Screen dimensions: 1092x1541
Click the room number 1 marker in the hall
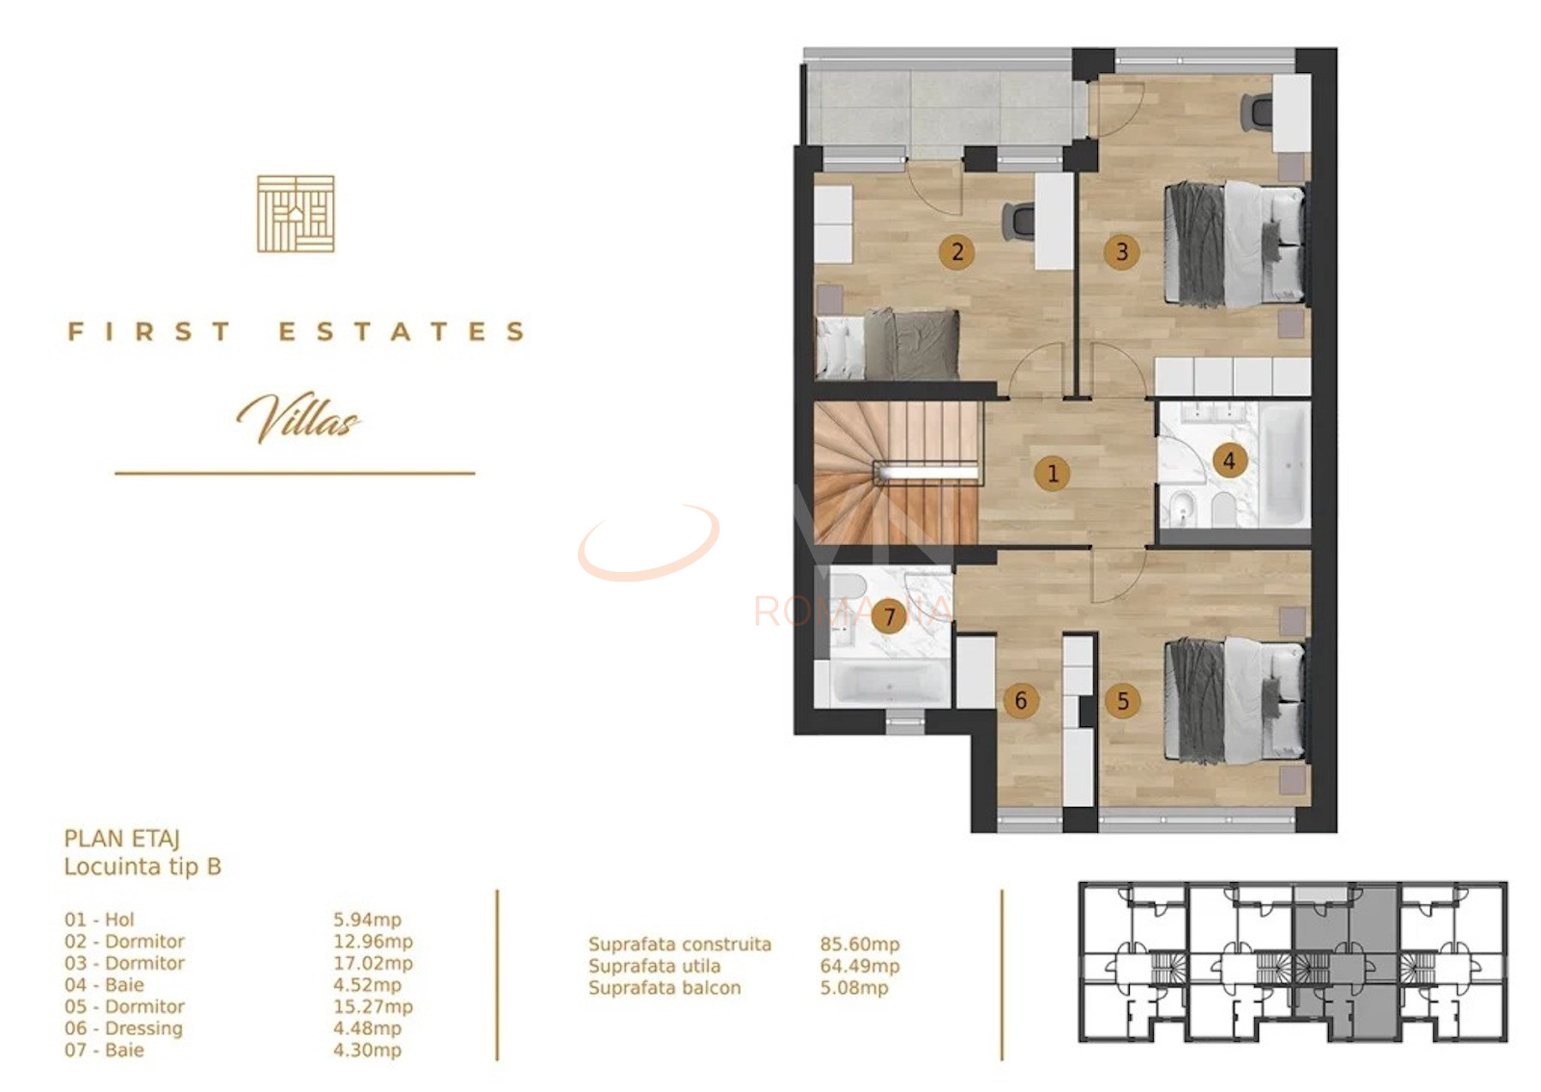coord(1052,474)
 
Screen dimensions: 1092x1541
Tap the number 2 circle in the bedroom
coord(956,252)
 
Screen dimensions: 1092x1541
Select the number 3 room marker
coord(1121,252)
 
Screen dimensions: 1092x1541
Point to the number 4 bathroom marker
coord(1228,460)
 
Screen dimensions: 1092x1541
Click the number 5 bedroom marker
coord(1122,701)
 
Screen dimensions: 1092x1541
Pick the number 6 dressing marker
coord(1021,701)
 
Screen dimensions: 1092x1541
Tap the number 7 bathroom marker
coord(889,615)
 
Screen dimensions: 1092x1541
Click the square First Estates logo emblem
coord(296,214)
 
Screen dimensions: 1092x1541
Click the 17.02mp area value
coord(373,963)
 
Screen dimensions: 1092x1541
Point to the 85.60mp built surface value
coord(859,945)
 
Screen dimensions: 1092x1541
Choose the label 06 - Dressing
coord(123,1028)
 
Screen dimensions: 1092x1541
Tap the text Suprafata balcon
coord(665,988)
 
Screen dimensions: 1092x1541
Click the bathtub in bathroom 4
coord(1285,465)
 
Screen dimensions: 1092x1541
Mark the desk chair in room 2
coord(1018,221)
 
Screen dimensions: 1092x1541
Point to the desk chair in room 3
coord(1256,112)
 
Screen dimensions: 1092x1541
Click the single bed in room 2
coord(887,345)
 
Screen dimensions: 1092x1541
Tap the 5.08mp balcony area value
coord(853,988)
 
